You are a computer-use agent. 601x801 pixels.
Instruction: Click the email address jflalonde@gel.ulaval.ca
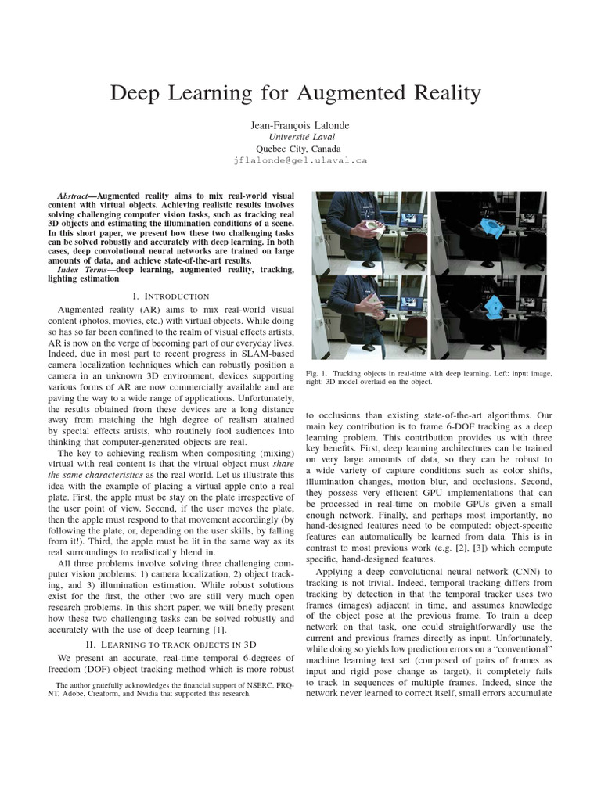[x=300, y=160]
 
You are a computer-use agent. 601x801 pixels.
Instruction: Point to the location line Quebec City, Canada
[x=300, y=147]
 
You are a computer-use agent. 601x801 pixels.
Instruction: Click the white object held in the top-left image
[x=374, y=228]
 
